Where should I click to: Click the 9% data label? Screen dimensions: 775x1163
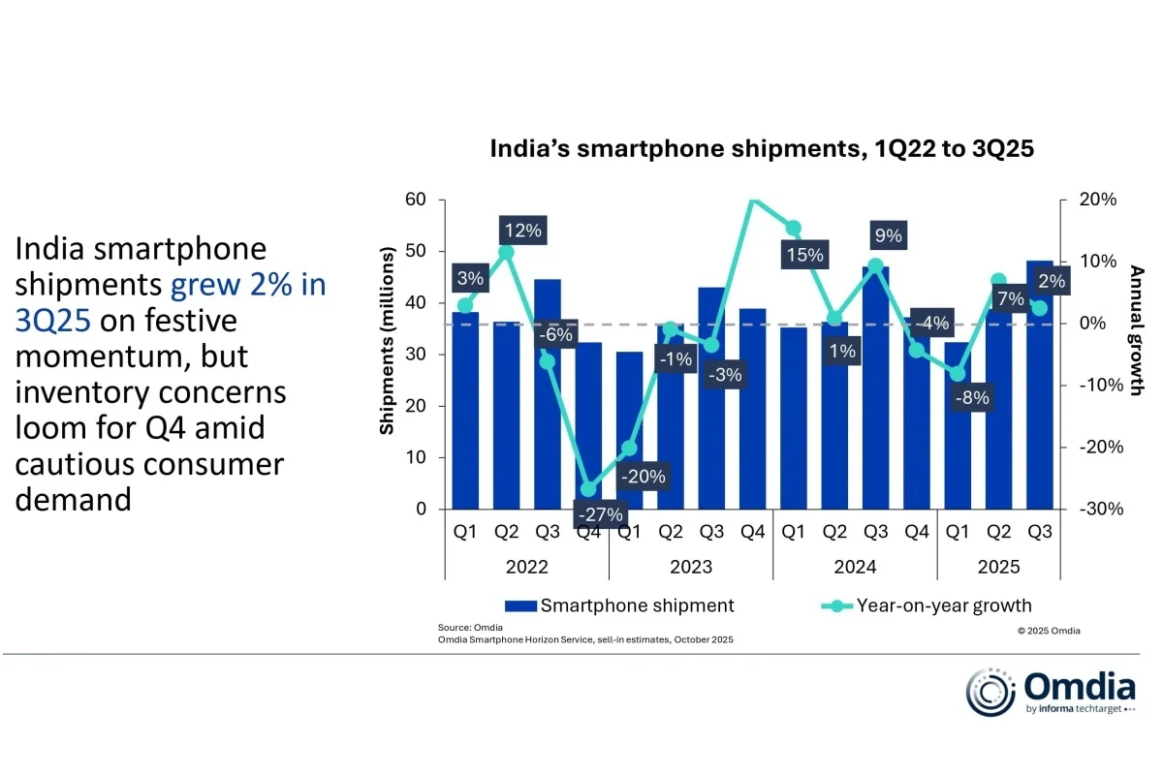click(x=887, y=234)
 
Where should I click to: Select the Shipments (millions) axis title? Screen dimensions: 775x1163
click(x=388, y=339)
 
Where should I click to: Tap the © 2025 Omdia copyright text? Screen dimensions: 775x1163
click(x=1049, y=631)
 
